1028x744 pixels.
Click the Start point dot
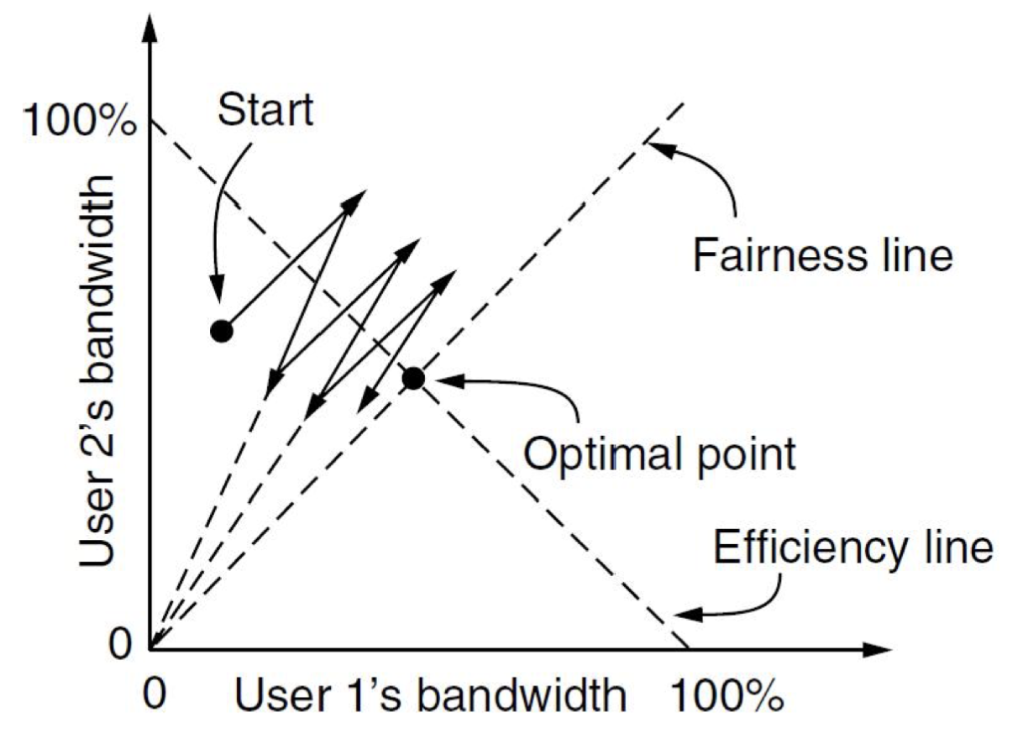(222, 331)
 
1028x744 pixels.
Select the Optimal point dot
(413, 379)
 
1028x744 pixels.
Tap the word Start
(265, 110)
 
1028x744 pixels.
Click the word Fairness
(781, 255)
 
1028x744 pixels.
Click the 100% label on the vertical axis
(80, 121)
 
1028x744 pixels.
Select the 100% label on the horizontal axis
(727, 696)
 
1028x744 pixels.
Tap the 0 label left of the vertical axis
(120, 644)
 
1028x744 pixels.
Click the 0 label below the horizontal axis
(155, 694)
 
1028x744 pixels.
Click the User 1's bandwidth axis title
(431, 696)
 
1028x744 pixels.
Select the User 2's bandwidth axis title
(96, 372)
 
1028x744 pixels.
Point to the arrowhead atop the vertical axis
(149, 29)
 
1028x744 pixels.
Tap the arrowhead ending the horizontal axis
(877, 649)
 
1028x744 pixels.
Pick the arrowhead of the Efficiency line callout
(688, 615)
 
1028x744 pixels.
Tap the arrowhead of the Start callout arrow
(217, 289)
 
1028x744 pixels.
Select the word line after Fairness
(916, 255)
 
